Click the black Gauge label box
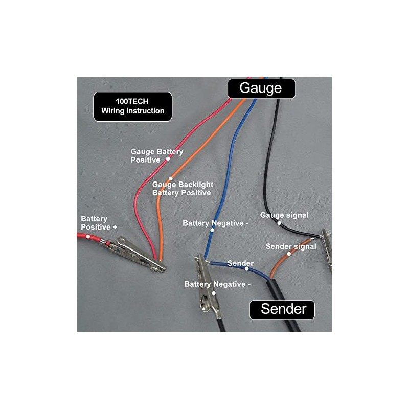(261, 88)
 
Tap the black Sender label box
(283, 309)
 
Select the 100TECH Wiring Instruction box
(132, 106)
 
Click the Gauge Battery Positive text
(156, 155)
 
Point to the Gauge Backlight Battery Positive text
(182, 189)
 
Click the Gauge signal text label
(284, 215)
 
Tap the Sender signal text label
(291, 246)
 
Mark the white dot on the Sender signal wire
(289, 254)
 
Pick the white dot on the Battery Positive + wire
(88, 236)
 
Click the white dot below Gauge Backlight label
(171, 179)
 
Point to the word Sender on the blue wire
(240, 263)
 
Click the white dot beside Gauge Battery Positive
(167, 160)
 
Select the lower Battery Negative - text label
(217, 284)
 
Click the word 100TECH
(132, 102)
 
